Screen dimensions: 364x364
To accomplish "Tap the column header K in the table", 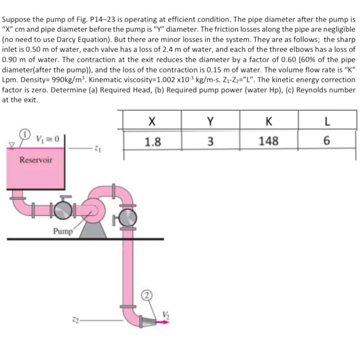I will click(269, 122).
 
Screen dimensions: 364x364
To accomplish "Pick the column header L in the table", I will click(327, 122).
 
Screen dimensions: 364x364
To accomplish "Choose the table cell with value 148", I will click(269, 141).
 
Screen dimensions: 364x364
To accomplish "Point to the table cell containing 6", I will click(327, 141).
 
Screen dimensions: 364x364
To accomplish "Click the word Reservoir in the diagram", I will click(36, 160).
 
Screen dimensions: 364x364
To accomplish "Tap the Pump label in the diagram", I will click(63, 231).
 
